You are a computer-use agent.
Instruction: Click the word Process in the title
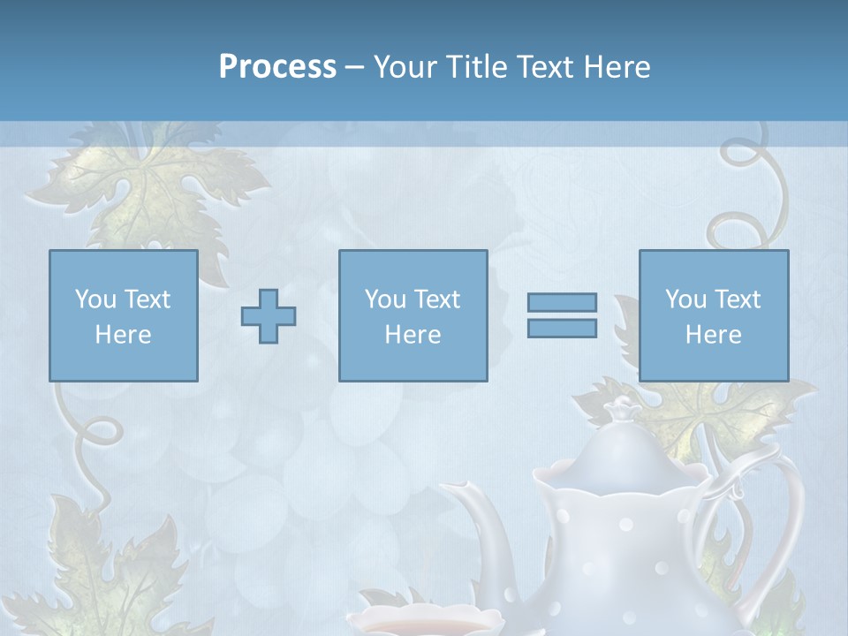[x=277, y=67]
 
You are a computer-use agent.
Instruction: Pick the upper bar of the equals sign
[x=562, y=303]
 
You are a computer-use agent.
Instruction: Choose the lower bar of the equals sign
[x=562, y=329]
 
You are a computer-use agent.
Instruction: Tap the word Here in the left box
[x=123, y=335]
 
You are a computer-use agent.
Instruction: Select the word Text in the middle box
[x=435, y=299]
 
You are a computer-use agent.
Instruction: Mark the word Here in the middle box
[x=413, y=335]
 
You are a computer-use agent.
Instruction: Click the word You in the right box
[x=685, y=299]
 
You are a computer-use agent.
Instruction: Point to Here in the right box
[x=713, y=335]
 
